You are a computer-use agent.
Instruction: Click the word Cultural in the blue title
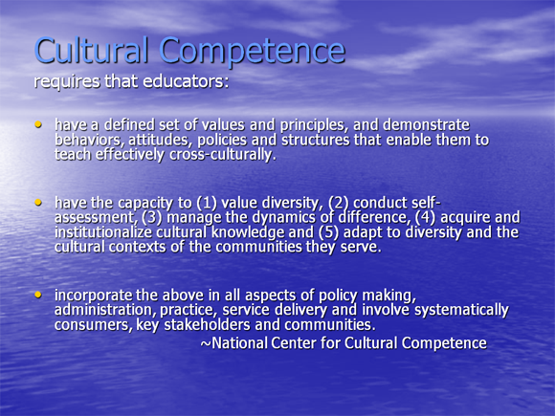(x=91, y=51)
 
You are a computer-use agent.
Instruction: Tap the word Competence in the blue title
(x=252, y=53)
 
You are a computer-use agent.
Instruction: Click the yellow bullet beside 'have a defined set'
(x=38, y=124)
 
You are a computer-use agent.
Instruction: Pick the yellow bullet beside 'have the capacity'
(x=38, y=202)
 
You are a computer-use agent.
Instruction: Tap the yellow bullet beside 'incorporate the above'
(x=38, y=295)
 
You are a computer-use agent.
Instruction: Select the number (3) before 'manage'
(x=152, y=217)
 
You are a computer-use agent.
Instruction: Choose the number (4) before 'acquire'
(x=425, y=217)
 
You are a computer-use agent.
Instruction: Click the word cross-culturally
(x=223, y=155)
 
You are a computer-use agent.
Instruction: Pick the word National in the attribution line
(x=239, y=342)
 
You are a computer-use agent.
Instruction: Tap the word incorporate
(x=93, y=296)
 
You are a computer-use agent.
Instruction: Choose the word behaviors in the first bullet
(x=89, y=140)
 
